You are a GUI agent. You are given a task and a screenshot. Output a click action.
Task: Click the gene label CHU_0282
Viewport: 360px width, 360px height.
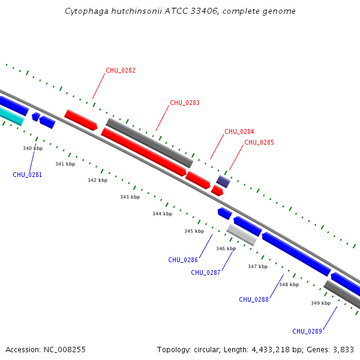coord(121,70)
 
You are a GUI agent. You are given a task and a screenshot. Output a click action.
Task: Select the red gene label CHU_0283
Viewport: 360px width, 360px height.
coord(185,103)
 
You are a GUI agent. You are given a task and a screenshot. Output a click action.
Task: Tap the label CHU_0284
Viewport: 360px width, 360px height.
coord(239,131)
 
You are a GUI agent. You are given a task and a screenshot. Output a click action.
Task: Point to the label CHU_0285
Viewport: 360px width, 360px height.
coord(259,142)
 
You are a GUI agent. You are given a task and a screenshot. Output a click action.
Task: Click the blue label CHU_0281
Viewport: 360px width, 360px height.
coord(28,175)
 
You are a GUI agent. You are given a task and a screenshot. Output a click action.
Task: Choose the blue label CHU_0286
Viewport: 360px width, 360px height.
coord(183,260)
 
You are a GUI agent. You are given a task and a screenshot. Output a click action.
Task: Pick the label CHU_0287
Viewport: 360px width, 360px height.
coord(206,272)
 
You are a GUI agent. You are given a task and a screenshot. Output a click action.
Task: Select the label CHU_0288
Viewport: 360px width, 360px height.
coord(254,299)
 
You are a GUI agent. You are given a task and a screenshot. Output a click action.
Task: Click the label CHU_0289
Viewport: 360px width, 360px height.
coord(307,331)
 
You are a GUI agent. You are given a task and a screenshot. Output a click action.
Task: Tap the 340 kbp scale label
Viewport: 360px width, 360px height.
coord(33,148)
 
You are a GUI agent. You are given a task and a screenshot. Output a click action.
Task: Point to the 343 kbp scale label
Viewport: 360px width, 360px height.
coord(130,197)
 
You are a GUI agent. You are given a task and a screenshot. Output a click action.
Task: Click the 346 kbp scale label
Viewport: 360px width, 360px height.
coord(226,248)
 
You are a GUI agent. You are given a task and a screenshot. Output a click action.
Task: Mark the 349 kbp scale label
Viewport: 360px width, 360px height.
coord(320,303)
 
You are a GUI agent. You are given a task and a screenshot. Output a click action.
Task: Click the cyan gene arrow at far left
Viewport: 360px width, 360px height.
coord(11,115)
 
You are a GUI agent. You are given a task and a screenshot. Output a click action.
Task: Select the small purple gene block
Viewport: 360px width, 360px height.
coord(223,181)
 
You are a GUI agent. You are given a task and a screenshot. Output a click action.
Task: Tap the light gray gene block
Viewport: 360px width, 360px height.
coord(242,235)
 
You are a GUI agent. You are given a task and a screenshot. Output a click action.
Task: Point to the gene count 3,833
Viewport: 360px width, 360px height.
coord(342,349)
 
